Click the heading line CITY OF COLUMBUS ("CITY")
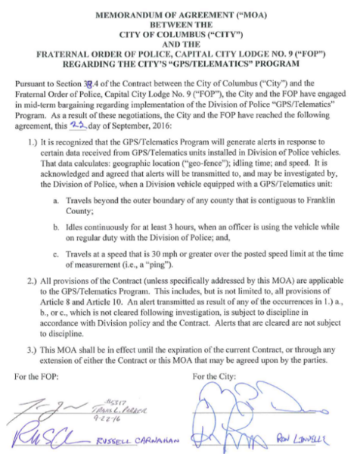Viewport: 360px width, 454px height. click(180, 35)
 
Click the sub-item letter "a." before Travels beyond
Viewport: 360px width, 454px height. click(56, 199)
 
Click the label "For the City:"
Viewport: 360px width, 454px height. click(217, 376)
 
